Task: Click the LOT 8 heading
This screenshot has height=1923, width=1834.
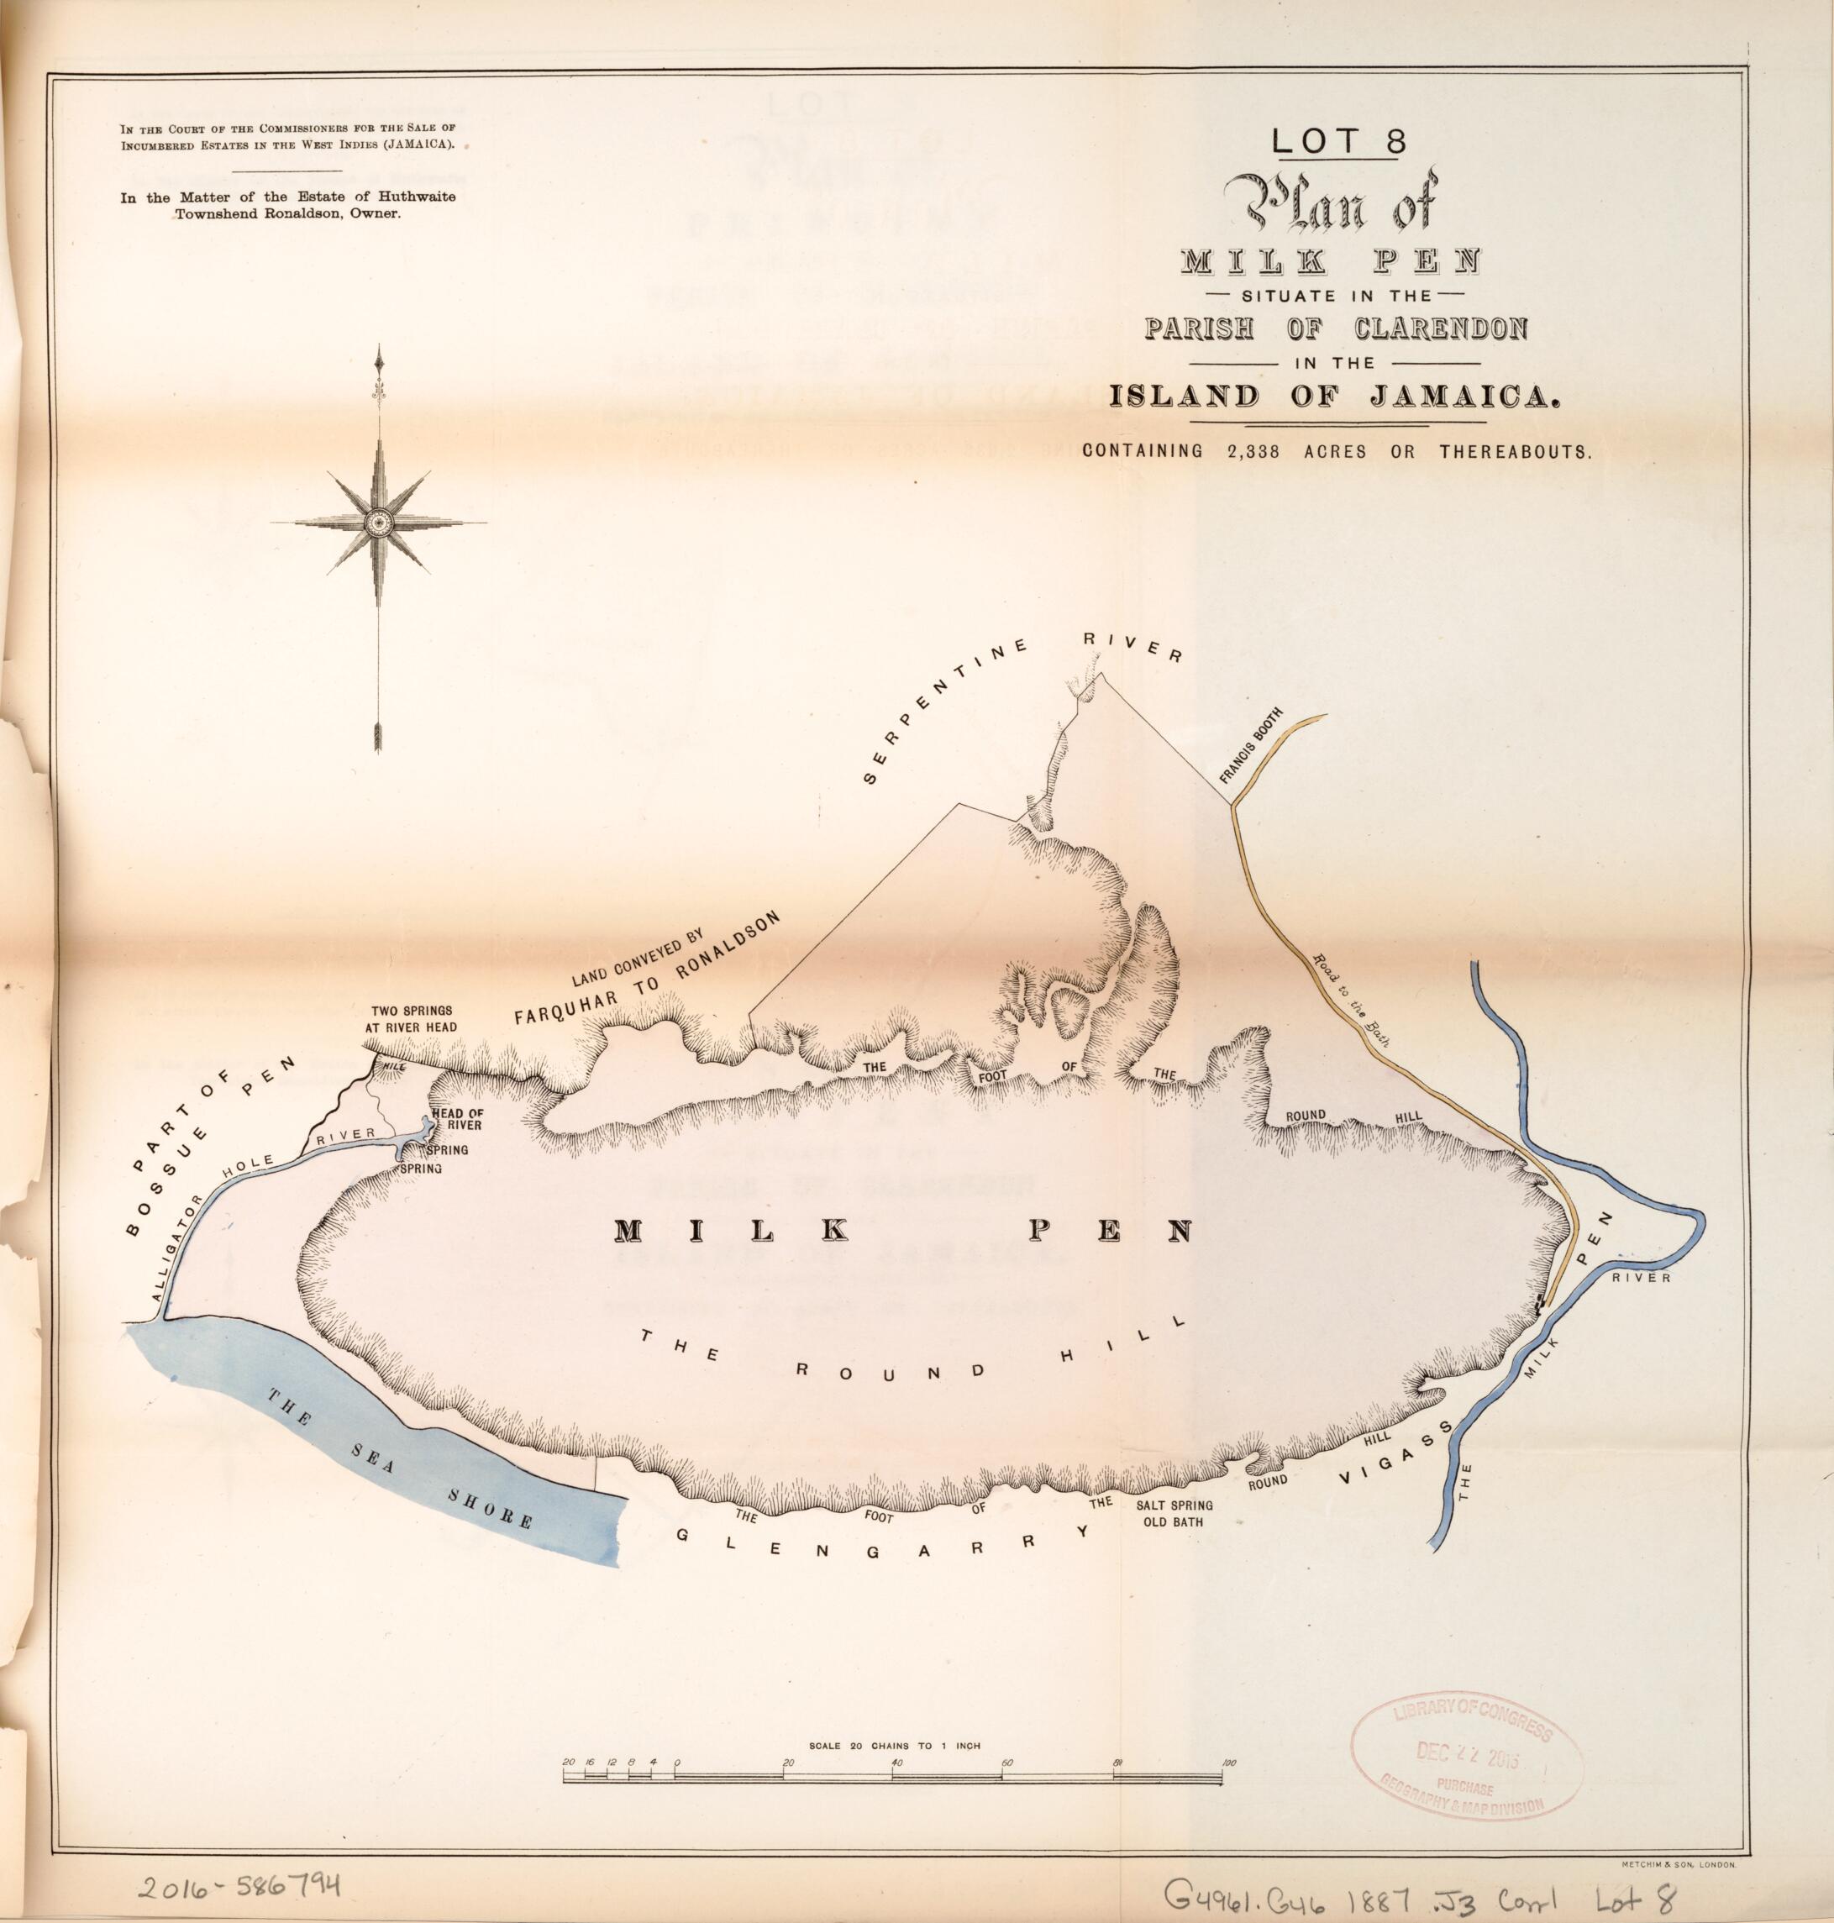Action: point(1338,142)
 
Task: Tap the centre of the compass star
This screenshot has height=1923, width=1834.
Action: point(378,523)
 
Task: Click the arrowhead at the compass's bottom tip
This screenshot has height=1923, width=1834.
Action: point(377,737)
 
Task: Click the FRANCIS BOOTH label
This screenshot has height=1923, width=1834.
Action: point(1250,746)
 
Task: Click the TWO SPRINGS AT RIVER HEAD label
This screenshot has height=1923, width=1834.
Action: point(413,1019)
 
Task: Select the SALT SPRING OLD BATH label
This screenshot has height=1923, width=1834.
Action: point(1174,1513)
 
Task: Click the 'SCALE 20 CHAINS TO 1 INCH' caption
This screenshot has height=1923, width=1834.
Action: point(895,1745)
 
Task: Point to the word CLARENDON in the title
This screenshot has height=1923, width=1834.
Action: point(1440,328)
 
